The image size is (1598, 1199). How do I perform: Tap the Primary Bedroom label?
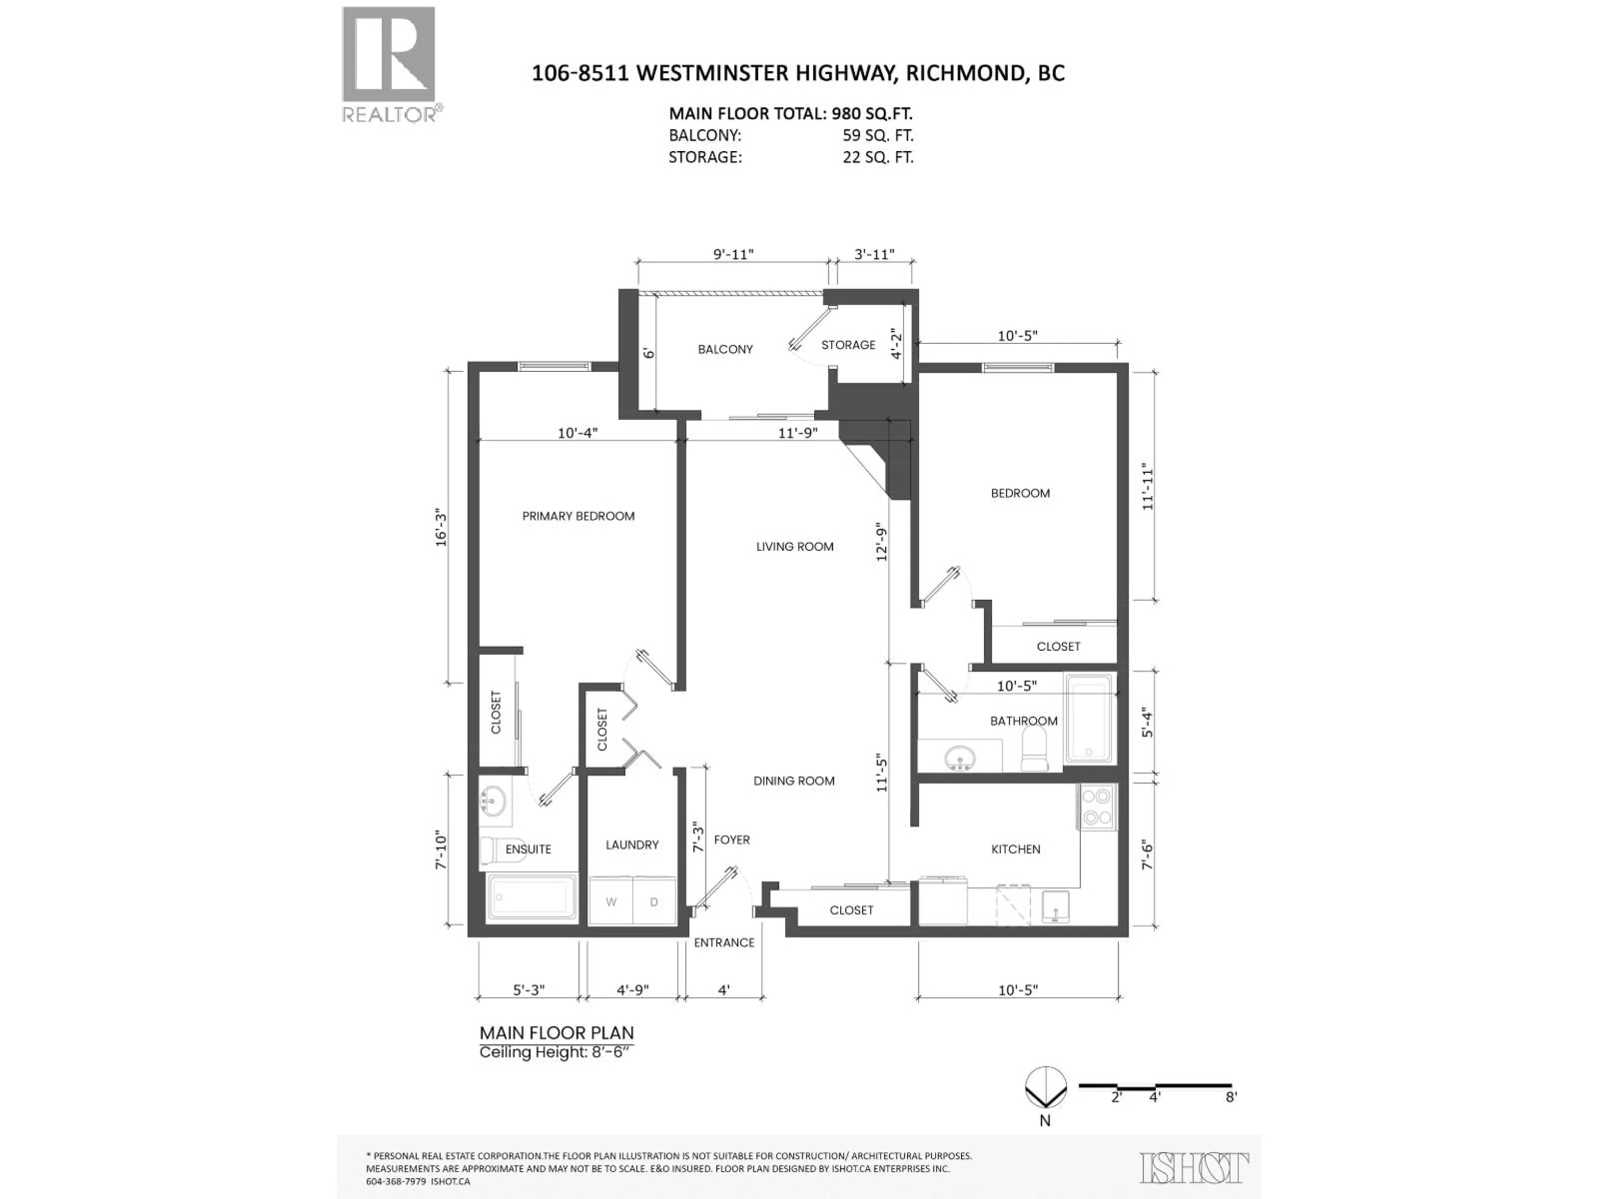click(x=578, y=516)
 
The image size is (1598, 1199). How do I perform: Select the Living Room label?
click(x=795, y=546)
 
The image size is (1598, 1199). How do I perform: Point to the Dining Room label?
click(x=794, y=781)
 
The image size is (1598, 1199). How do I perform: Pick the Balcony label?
click(x=725, y=349)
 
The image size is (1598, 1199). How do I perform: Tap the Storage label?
click(x=848, y=345)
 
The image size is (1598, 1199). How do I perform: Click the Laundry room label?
click(x=632, y=845)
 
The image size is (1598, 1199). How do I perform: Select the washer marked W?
click(x=611, y=902)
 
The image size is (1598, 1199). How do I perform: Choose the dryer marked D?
click(x=654, y=902)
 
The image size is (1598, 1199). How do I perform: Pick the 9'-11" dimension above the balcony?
click(x=733, y=254)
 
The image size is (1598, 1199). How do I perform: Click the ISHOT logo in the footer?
click(x=1194, y=1168)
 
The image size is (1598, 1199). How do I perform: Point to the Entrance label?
click(x=724, y=943)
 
